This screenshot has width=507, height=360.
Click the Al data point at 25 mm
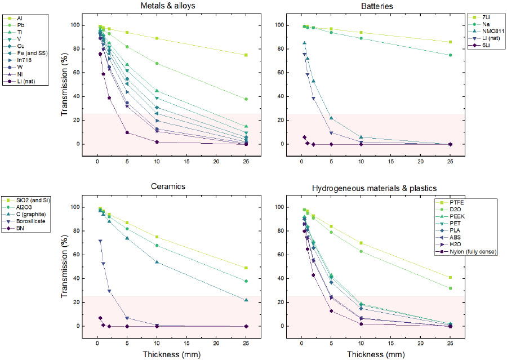[246, 55]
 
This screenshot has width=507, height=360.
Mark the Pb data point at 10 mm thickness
[157, 63]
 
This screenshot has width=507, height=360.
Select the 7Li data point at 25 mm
[450, 42]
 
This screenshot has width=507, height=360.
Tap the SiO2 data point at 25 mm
[246, 268]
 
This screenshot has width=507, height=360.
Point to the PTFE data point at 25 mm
[450, 277]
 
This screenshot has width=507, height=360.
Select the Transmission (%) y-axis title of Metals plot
[64, 85]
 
